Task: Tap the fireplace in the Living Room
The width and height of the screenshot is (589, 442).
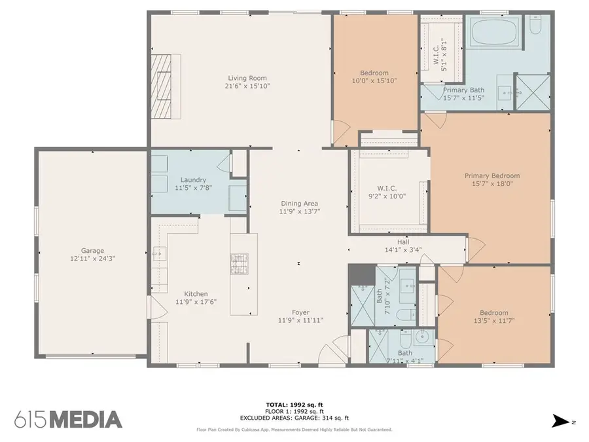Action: tap(167, 85)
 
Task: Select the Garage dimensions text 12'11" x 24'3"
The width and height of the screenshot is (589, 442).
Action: tap(92, 259)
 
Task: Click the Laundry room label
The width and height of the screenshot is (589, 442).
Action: tap(194, 180)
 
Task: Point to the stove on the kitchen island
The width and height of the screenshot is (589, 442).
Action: tap(238, 263)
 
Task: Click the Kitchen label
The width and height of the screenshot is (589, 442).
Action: tap(196, 294)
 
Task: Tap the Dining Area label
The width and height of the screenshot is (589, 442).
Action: tap(300, 203)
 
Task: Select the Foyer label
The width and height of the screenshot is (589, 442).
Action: tap(300, 312)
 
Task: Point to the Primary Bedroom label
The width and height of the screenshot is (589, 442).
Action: tap(492, 175)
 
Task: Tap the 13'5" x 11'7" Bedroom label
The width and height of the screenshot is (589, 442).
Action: tap(493, 313)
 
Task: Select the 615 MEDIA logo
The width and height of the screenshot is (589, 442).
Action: tap(68, 419)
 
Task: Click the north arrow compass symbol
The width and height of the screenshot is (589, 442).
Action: tap(560, 420)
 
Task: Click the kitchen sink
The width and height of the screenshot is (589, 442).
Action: tap(158, 254)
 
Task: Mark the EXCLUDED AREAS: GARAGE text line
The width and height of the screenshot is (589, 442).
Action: tap(294, 418)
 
